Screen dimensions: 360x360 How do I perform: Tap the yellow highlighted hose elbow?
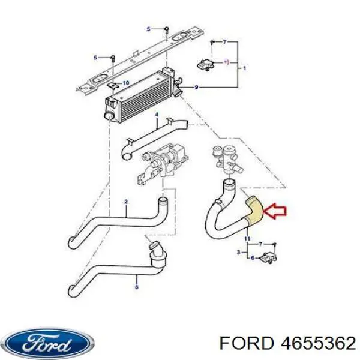(x=254, y=210)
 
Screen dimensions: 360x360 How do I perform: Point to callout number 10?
(x=126, y=83)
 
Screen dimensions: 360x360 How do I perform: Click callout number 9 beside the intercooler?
(x=196, y=87)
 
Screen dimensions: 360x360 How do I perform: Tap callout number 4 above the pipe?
(x=157, y=115)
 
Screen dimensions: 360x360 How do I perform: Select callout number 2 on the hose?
(x=126, y=202)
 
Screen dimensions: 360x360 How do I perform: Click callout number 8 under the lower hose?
(x=137, y=287)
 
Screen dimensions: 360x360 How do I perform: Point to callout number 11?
(x=247, y=239)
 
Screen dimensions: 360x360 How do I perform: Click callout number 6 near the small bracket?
(x=253, y=258)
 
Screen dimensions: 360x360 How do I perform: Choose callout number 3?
(x=239, y=253)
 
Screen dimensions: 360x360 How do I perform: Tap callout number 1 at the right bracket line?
(x=245, y=68)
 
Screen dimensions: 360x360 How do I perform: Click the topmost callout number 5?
(x=149, y=29)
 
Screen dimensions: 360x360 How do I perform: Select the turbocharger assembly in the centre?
(x=163, y=163)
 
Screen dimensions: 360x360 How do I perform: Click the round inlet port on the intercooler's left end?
(x=109, y=116)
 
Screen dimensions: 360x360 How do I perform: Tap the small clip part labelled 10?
(x=113, y=86)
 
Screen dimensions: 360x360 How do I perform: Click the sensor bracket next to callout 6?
(x=268, y=257)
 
